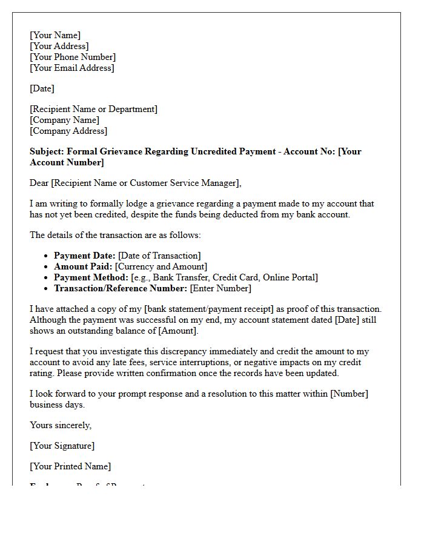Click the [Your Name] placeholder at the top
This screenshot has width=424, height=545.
tap(55, 35)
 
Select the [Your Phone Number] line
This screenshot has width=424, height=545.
tap(73, 57)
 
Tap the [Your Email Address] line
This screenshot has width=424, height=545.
tap(71, 68)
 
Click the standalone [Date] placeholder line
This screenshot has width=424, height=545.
tap(42, 88)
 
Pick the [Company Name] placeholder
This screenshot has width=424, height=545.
tap(64, 120)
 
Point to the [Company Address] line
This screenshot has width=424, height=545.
tap(68, 131)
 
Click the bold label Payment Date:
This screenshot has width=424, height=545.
tap(84, 256)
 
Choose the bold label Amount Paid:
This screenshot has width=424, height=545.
tap(83, 266)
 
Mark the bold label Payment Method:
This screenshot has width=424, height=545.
tap(91, 277)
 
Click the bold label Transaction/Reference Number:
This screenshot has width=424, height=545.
tap(121, 288)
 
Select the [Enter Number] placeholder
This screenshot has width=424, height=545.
tap(220, 288)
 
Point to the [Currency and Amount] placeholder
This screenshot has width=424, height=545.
tap(161, 266)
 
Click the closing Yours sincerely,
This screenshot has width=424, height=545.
tap(61, 425)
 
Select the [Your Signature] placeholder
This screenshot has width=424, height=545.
tap(62, 446)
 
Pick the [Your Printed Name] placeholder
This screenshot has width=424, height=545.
tap(70, 466)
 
